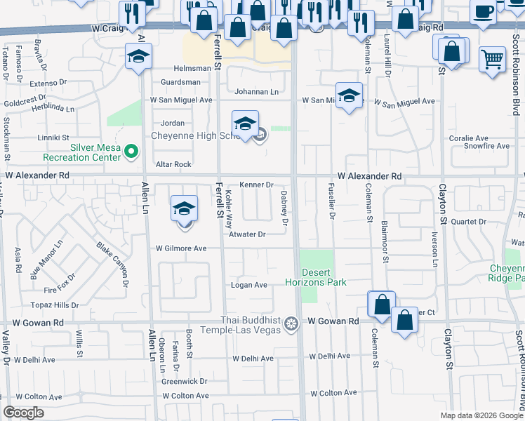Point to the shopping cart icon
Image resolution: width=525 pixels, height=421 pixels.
[493, 59]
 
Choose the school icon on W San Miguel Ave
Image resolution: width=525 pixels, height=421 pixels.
[348, 96]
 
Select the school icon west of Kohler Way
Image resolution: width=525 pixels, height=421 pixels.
[184, 208]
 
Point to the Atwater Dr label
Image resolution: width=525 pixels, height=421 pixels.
[248, 234]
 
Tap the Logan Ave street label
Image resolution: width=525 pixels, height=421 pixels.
[249, 285]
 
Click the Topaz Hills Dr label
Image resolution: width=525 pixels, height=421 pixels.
[55, 305]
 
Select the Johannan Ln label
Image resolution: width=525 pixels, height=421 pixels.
[256, 92]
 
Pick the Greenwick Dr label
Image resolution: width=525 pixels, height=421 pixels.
[185, 382]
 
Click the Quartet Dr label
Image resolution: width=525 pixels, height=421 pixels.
[468, 222]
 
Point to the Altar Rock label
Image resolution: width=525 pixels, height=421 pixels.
[173, 164]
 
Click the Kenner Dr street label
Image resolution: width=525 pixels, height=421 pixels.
[256, 185]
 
